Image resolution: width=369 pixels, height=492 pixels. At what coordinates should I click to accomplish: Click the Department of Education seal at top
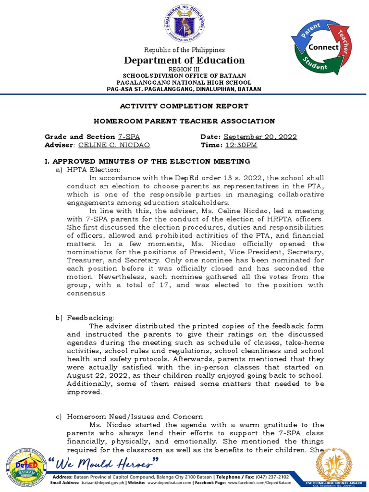coord(184,24)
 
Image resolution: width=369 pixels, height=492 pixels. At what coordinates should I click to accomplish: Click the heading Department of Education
coord(184,60)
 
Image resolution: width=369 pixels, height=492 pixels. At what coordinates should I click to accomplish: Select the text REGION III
coord(184,69)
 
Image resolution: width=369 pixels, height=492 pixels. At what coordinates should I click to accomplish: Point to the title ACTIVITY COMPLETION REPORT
coord(184,106)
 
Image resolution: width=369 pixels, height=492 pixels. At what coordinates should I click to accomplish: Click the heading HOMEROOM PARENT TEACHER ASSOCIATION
coord(184,121)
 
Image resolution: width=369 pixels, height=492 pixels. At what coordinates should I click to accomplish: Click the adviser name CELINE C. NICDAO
coord(114,145)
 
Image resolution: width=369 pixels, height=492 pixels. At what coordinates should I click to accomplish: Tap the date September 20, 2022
coord(260,136)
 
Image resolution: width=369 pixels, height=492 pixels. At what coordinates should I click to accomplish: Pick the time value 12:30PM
coord(241,145)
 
